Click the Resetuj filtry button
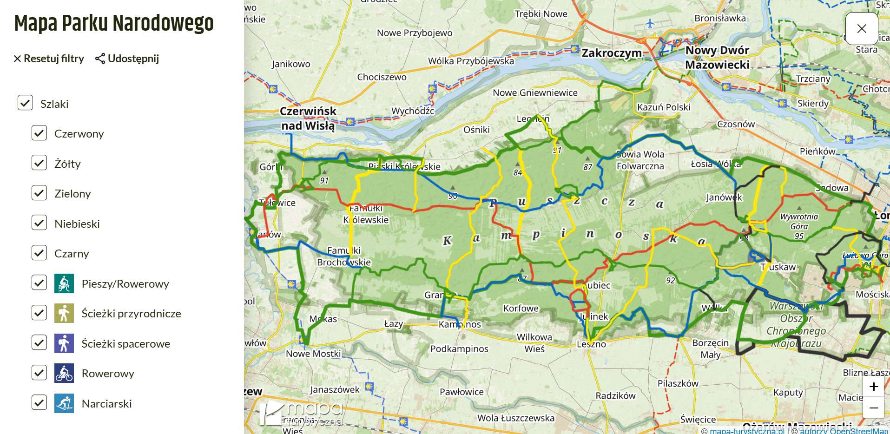point(49,59)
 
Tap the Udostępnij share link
point(127,59)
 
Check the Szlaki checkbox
point(25,103)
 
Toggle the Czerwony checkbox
point(40,133)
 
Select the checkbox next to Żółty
point(40,163)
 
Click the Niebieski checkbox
point(40,223)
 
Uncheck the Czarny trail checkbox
point(40,253)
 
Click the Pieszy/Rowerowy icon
point(64,283)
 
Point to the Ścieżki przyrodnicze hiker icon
point(64,313)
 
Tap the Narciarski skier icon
point(64,403)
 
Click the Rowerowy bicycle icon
point(64,373)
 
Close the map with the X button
point(861,29)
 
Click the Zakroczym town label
point(611,53)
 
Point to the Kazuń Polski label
point(663,107)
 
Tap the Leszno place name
point(591,344)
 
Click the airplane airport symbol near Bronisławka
point(650,23)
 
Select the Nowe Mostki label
point(313,354)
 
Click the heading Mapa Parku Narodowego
point(114,23)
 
